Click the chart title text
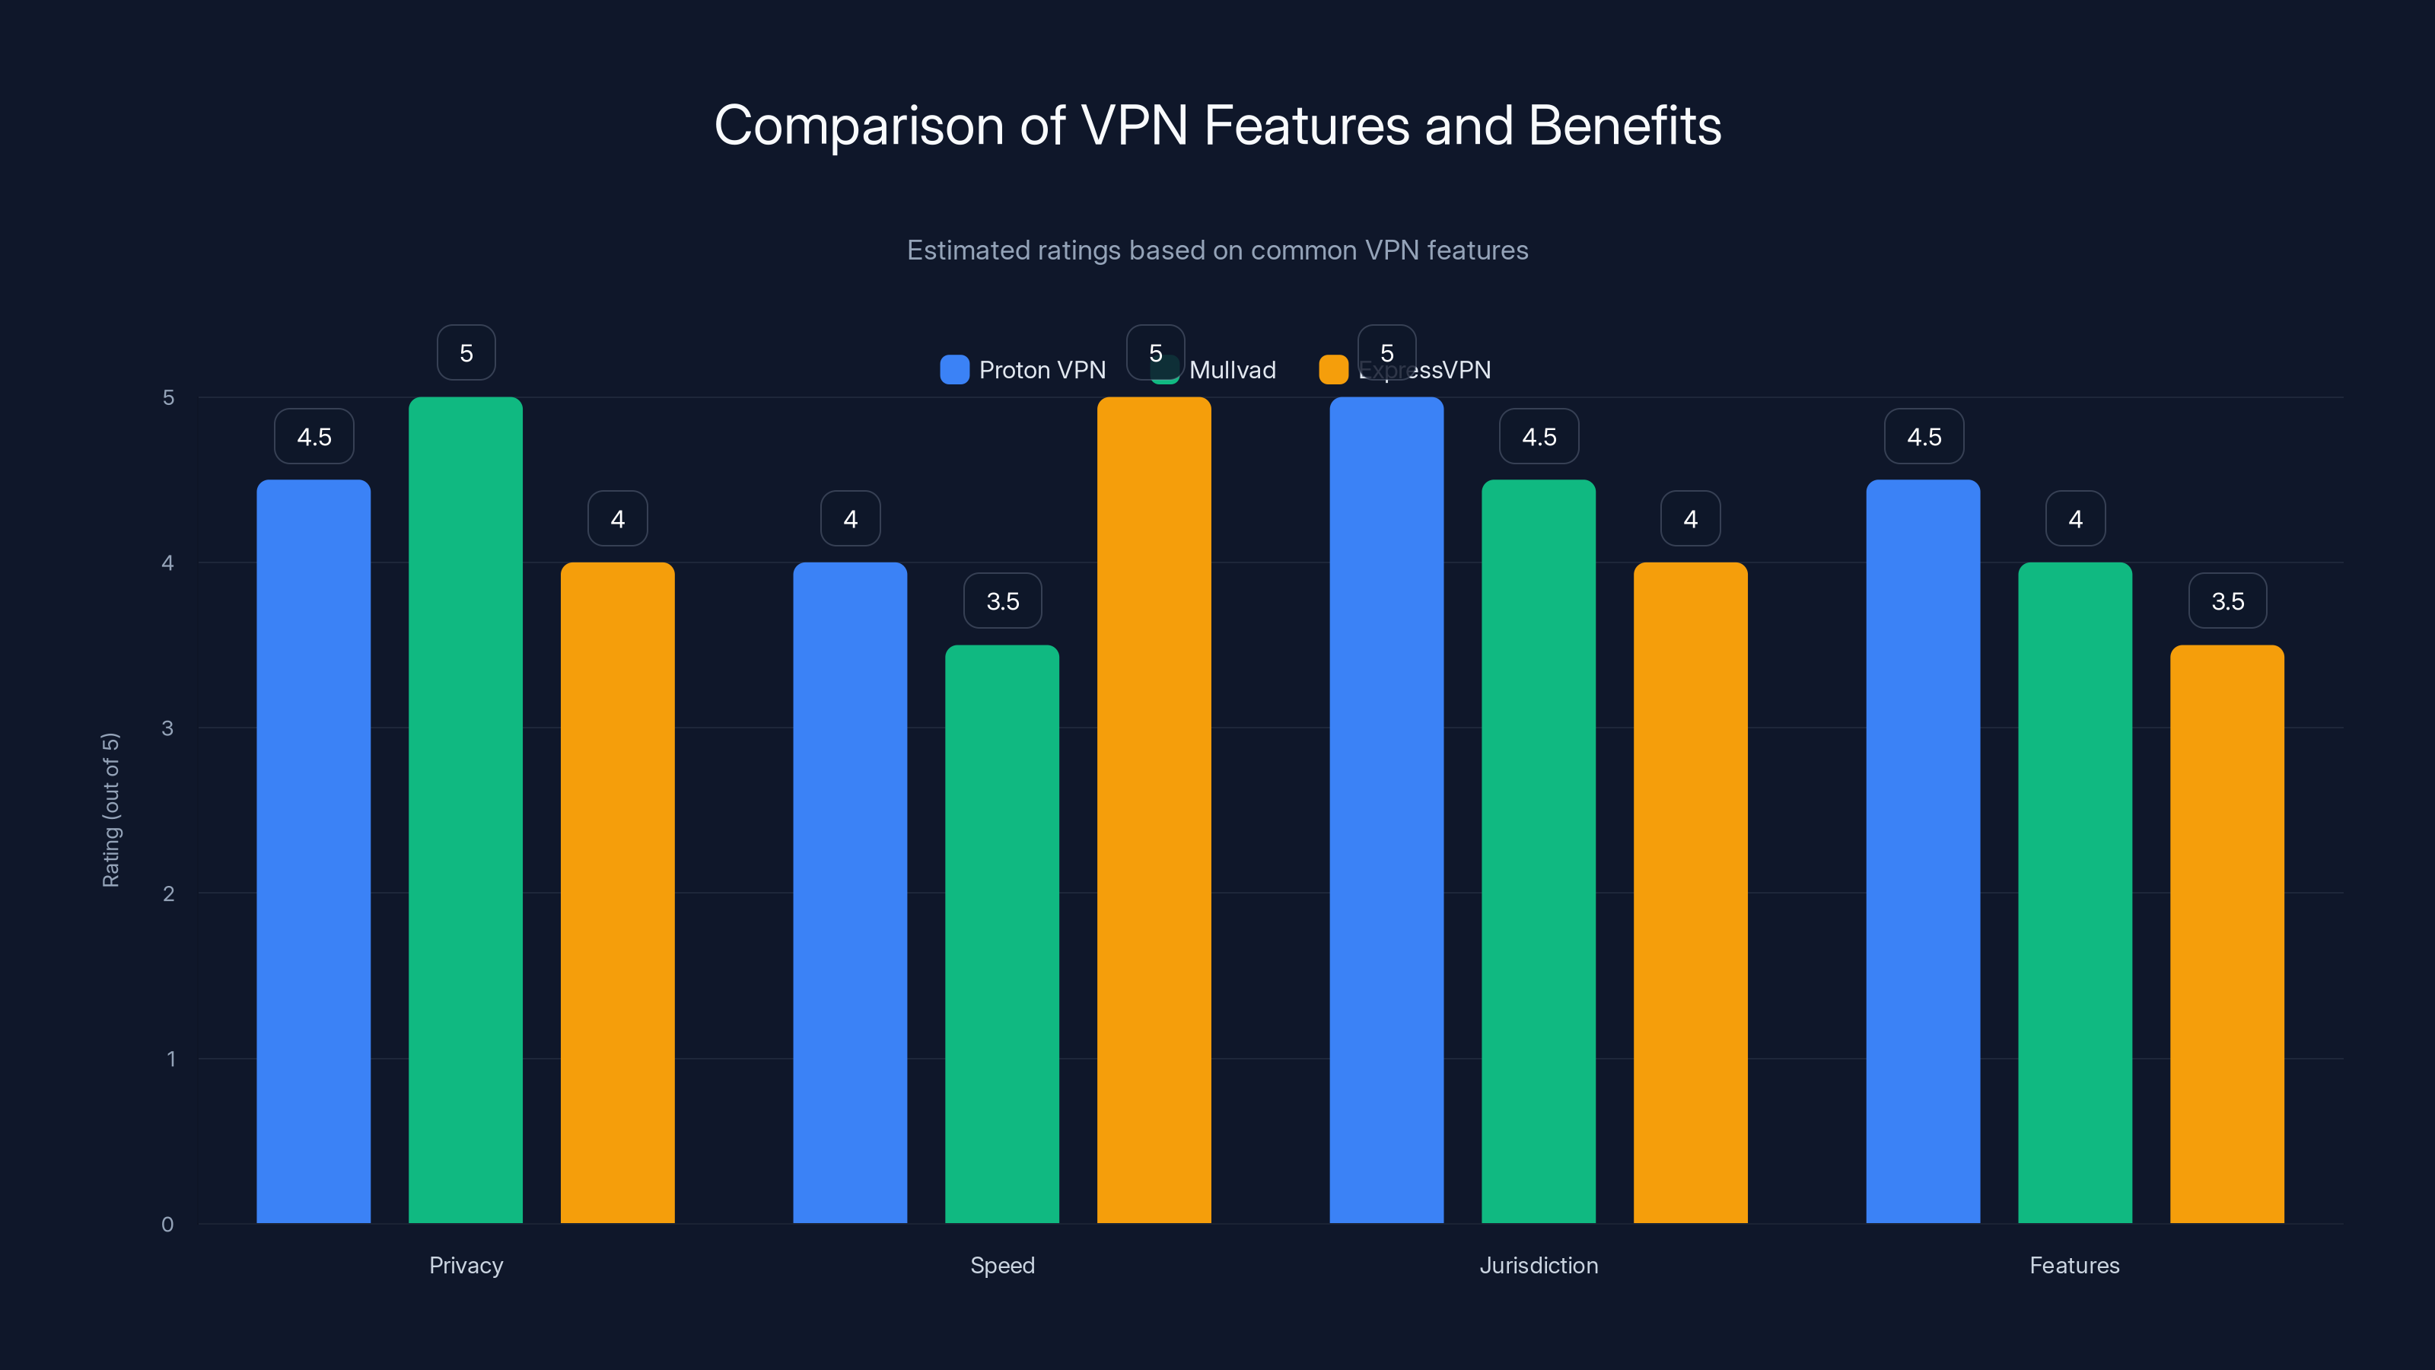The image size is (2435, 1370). pyautogui.click(x=1217, y=126)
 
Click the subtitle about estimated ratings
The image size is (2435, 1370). pyautogui.click(x=1217, y=250)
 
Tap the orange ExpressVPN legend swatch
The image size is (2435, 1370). pyautogui.click(x=1333, y=370)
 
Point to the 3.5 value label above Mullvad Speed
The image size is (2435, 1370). pyautogui.click(x=1002, y=601)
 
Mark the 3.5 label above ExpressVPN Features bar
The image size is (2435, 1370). pyautogui.click(x=2227, y=601)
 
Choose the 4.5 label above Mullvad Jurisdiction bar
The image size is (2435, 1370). pyautogui.click(x=1539, y=437)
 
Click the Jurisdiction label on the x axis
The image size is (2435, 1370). pyautogui.click(x=1539, y=1265)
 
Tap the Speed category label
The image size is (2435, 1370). pyautogui.click(x=1002, y=1265)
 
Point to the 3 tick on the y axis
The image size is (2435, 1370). pyautogui.click(x=167, y=728)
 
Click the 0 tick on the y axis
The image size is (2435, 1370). pyautogui.click(x=167, y=1225)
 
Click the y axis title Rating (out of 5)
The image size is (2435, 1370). pyautogui.click(x=110, y=811)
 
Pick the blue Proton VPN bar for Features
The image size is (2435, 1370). pyautogui.click(x=1923, y=851)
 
